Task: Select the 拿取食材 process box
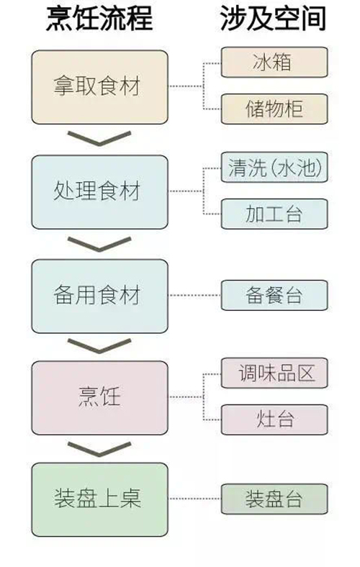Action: [100, 86]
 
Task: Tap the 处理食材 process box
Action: [100, 191]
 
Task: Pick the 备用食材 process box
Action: [100, 296]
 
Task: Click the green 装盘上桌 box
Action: [100, 499]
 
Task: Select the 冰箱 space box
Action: [274, 63]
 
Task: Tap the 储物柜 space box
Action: [274, 109]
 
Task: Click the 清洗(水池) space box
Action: [274, 168]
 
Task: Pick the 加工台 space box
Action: [274, 214]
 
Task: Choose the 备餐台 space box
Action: [274, 296]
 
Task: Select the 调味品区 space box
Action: [274, 373]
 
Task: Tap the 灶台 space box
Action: [274, 419]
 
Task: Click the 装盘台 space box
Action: [274, 499]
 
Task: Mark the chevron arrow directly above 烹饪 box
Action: [99, 347]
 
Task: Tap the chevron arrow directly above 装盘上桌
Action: [99, 448]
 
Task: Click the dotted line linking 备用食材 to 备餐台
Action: [194, 296]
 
